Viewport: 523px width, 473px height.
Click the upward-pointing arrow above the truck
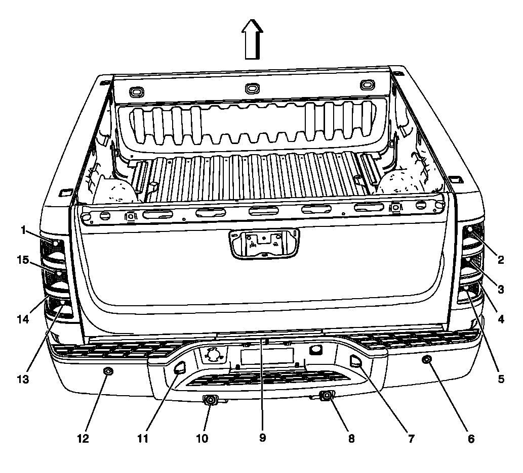(253, 39)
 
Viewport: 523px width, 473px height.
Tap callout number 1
(23, 230)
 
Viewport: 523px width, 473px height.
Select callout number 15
(23, 260)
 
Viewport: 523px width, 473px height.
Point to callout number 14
(23, 319)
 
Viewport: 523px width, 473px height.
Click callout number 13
(23, 379)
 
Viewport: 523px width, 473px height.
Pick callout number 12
(83, 439)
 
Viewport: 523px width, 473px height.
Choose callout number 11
(143, 439)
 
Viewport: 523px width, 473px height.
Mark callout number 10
(203, 439)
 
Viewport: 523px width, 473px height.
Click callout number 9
(262, 438)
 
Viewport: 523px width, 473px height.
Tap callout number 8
(351, 439)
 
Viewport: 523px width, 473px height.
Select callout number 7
(411, 439)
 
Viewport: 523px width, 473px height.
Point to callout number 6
(471, 439)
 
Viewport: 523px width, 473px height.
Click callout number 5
(501, 379)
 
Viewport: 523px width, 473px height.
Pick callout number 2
(501, 260)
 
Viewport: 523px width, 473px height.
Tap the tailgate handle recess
(264, 244)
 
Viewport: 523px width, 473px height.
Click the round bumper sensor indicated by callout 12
(108, 371)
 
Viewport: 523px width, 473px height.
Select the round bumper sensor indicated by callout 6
(426, 359)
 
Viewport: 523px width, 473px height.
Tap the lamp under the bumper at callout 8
(327, 396)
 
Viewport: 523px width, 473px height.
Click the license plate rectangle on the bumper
(267, 356)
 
